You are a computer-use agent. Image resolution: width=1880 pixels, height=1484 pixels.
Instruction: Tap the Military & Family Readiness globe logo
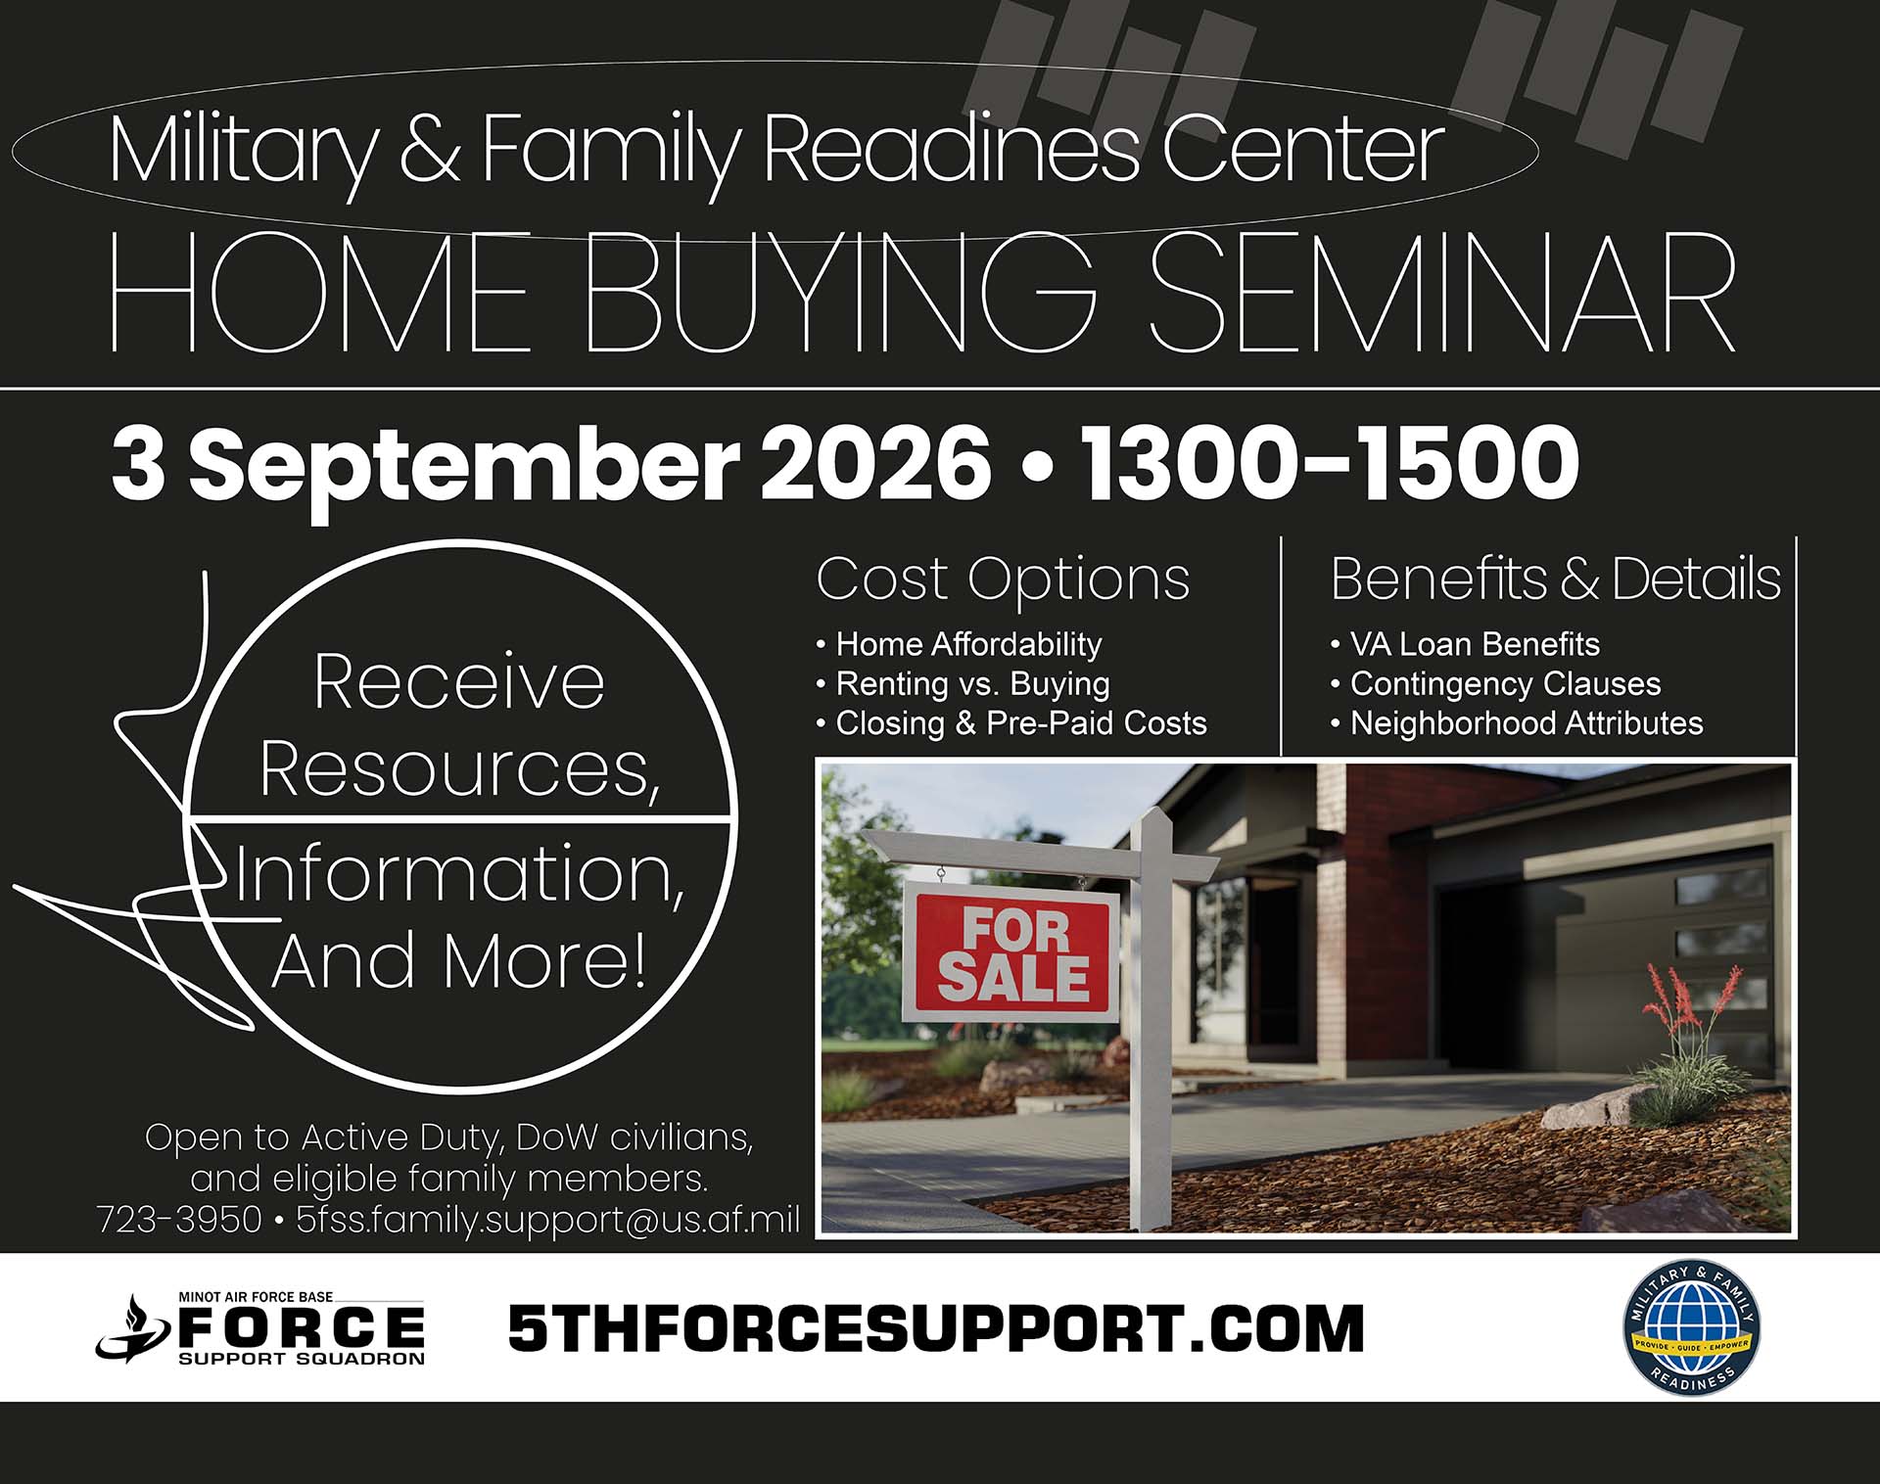click(1692, 1327)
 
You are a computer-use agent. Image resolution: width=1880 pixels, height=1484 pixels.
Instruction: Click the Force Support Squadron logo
click(260, 1328)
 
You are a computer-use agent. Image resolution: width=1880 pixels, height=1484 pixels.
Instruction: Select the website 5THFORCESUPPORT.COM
click(936, 1328)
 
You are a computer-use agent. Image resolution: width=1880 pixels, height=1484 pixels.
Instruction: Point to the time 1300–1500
click(1330, 463)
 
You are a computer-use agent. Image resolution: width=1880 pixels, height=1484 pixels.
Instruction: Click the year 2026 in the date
click(875, 463)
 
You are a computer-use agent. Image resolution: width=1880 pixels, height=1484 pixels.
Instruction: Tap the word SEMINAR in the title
click(1441, 293)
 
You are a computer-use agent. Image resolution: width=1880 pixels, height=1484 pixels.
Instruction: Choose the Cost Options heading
click(1003, 579)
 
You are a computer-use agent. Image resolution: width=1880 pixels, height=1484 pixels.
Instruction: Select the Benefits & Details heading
click(1555, 579)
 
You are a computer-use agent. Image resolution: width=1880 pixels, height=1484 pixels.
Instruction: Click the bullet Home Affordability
click(960, 644)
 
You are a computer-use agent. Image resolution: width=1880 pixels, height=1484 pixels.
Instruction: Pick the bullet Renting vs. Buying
click(963, 683)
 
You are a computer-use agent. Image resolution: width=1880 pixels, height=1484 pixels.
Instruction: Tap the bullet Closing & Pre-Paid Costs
click(1011, 723)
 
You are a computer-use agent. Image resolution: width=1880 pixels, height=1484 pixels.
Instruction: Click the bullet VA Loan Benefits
click(1465, 644)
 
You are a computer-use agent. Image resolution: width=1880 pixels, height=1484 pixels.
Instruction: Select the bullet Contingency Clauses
click(1495, 683)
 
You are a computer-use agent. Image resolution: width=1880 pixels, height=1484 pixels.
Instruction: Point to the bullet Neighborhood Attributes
click(1517, 723)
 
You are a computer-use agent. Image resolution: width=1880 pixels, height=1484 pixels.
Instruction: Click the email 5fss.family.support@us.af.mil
click(548, 1220)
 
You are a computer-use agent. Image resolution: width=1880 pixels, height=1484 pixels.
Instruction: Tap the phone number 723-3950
click(179, 1220)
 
